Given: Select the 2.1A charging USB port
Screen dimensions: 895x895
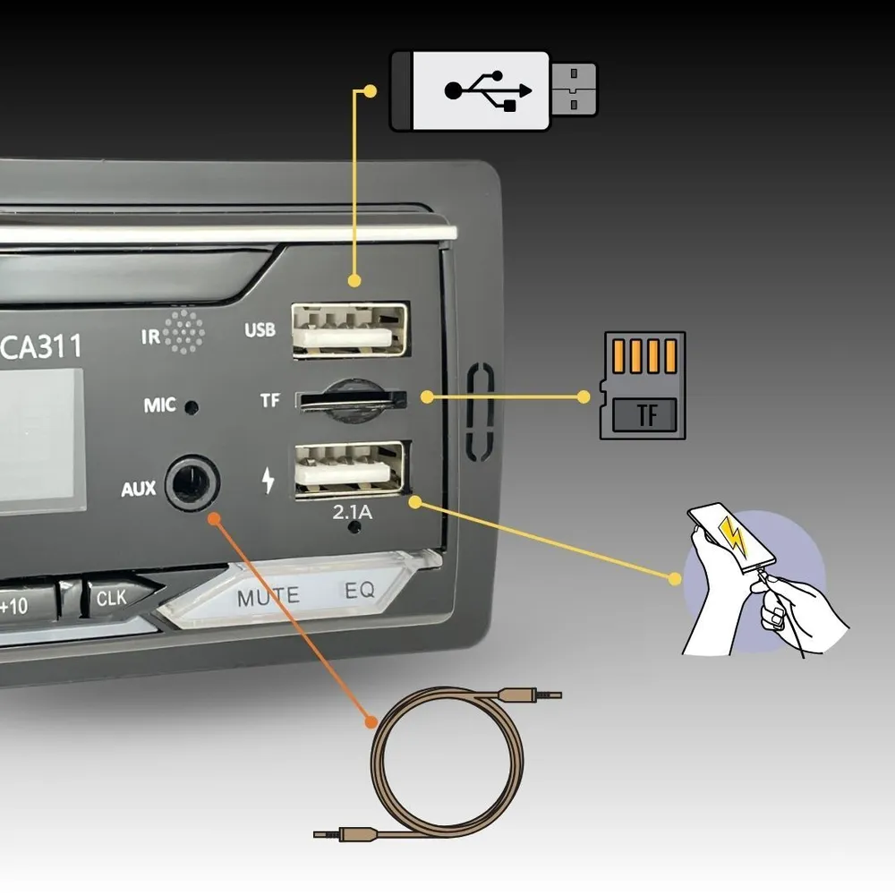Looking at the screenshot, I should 350,468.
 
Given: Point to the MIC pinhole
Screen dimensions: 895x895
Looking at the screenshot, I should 191,407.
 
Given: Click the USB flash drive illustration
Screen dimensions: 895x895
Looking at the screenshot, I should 493,90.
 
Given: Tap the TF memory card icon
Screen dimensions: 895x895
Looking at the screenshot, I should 643,385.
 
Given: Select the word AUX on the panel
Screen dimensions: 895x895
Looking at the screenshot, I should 139,490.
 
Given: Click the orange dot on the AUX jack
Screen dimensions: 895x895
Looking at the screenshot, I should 214,518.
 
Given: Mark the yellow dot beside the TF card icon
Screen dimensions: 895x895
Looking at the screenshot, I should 584,396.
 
